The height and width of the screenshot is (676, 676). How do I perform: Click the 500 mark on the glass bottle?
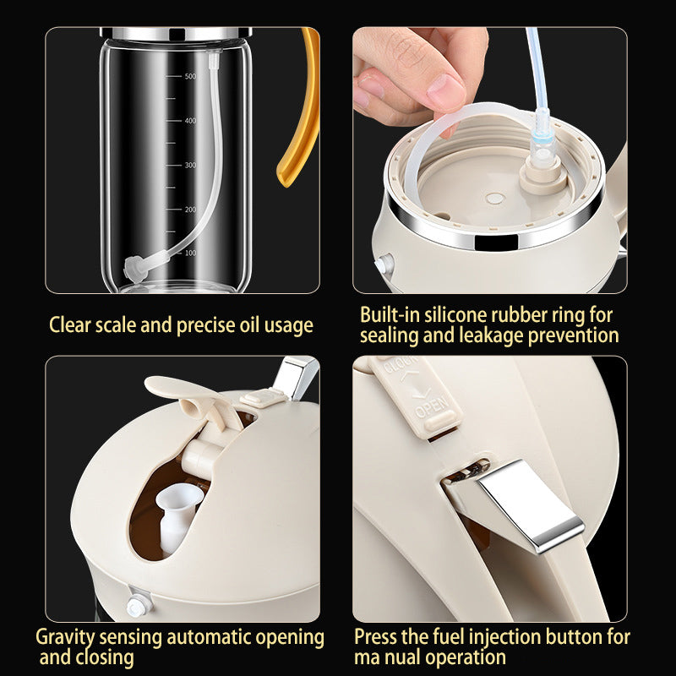[190, 77]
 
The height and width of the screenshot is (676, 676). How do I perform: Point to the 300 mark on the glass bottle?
[190, 165]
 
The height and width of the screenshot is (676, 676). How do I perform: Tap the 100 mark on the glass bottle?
[190, 253]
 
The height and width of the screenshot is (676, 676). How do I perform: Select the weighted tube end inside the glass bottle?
[133, 268]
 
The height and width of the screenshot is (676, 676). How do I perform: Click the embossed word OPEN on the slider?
[432, 409]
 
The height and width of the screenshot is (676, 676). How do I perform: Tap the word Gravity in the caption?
[64, 637]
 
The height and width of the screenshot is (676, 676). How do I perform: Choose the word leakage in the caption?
[493, 335]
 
